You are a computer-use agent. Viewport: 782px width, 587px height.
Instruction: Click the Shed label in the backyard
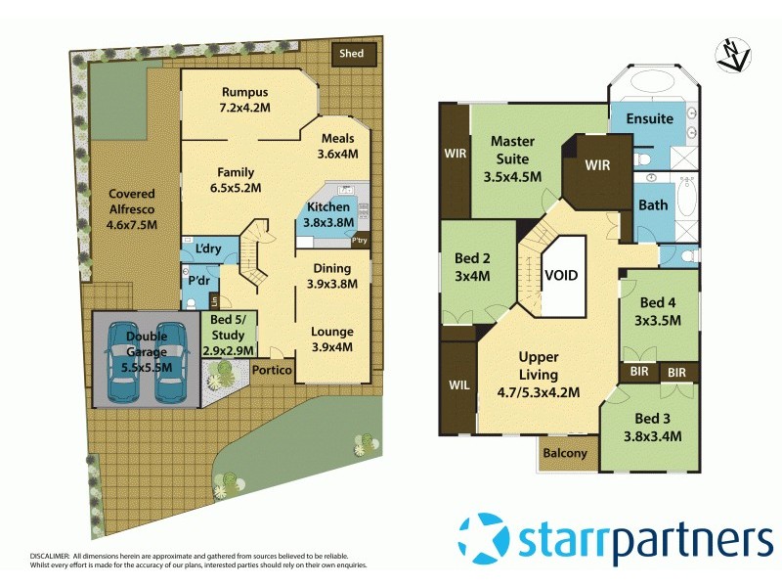pos(351,54)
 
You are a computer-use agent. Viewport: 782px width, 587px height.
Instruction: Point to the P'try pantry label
pos(359,241)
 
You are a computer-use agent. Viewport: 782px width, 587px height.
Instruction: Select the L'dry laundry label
pos(207,249)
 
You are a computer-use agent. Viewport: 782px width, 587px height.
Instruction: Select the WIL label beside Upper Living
pos(456,384)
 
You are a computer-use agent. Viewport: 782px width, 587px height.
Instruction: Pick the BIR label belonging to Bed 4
pos(637,373)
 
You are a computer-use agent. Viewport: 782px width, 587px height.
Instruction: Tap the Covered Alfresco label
pos(132,201)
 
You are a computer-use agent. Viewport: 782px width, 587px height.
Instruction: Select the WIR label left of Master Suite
pos(455,154)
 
